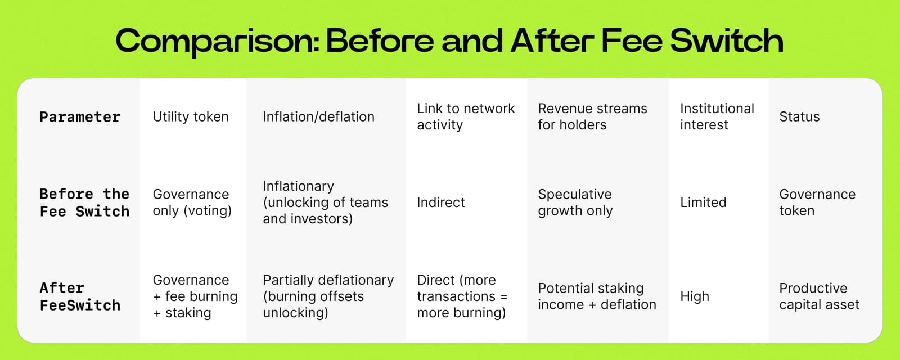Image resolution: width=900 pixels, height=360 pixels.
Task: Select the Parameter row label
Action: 80,117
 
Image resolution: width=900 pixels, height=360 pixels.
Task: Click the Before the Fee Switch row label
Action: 84,202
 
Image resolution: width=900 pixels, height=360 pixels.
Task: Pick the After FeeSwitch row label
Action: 80,296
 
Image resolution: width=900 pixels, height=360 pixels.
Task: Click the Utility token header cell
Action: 191,116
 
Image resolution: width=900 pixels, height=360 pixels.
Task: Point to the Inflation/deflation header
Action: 318,116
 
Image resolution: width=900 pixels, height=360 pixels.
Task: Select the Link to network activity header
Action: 466,116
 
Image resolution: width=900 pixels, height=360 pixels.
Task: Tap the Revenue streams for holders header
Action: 592,116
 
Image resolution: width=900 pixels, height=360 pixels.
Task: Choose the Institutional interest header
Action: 717,116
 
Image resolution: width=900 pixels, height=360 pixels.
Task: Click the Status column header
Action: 799,116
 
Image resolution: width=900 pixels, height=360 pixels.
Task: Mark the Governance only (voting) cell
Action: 192,202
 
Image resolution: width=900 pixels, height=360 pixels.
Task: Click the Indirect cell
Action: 440,202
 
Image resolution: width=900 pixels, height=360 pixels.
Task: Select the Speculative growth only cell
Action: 575,202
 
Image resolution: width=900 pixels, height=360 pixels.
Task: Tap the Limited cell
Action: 703,202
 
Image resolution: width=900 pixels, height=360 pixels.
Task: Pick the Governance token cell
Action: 817,202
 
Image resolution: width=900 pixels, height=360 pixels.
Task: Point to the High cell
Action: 695,296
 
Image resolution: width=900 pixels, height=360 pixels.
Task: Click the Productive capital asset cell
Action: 819,296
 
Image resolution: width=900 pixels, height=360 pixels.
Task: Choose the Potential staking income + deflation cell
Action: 597,296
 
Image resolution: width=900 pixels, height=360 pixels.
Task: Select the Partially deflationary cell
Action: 328,296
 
